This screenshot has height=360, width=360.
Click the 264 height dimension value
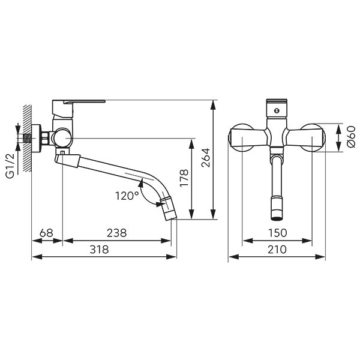click(205, 158)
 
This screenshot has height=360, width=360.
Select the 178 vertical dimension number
click(184, 178)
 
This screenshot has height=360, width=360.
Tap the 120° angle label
click(127, 196)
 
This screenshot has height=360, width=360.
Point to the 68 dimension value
click(46, 233)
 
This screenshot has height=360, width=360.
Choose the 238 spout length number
click(116, 233)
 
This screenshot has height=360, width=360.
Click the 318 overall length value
click(99, 250)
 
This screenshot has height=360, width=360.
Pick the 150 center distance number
click(277, 233)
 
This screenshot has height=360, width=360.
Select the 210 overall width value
click(277, 250)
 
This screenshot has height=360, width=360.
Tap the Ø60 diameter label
click(351, 137)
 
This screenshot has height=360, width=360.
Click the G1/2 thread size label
click(10, 166)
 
